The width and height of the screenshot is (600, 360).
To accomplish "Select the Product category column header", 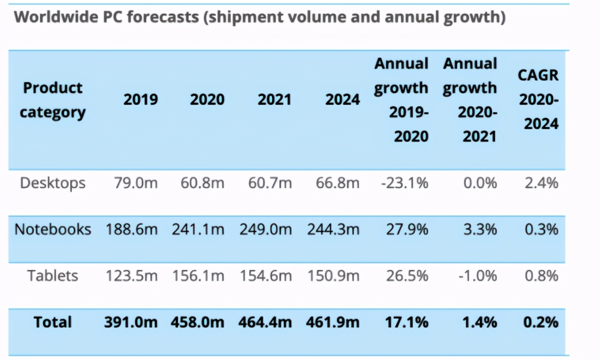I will (53, 100).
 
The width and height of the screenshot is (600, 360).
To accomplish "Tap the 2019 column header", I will (140, 100).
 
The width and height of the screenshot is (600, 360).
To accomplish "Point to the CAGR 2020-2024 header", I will (538, 100).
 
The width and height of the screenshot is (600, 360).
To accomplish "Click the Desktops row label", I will (53, 183).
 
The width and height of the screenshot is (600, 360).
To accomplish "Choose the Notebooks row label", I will (53, 229).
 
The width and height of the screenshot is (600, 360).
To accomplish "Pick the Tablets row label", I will (53, 276).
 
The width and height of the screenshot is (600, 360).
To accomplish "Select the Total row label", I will (53, 322).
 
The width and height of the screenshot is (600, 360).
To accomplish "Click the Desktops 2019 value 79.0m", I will (136, 183).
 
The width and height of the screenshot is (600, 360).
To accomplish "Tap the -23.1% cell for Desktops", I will (405, 183).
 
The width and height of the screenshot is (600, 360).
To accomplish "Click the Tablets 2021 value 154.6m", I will (265, 276).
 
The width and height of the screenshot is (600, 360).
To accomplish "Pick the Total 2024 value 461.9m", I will (333, 322).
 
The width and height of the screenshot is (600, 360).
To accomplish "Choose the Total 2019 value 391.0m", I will (131, 322).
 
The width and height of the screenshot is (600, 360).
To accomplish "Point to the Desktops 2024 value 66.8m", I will (337, 183).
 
